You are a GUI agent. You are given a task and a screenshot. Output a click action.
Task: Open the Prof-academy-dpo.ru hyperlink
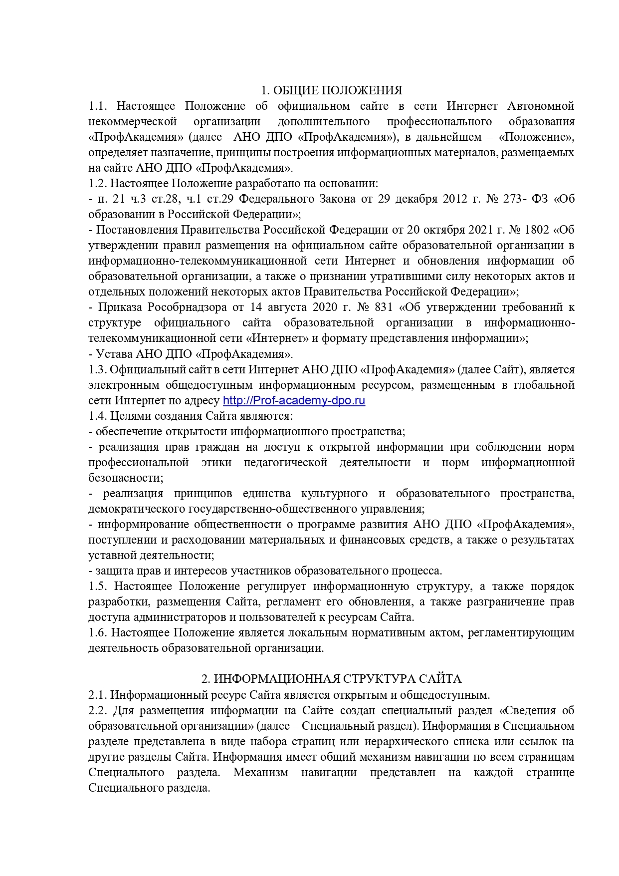pos(294,401)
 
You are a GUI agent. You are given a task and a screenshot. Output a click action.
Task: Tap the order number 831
pos(384,307)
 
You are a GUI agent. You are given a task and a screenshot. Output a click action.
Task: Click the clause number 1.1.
pos(98,106)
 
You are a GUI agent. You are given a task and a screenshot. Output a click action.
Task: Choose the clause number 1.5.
pos(98,586)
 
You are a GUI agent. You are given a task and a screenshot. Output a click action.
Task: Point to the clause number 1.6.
pos(98,632)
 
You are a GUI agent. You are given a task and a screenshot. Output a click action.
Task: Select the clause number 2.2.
pos(98,710)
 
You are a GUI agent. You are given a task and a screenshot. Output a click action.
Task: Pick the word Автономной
pos(541,106)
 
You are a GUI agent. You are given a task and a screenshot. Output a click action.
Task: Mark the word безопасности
pos(125,478)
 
